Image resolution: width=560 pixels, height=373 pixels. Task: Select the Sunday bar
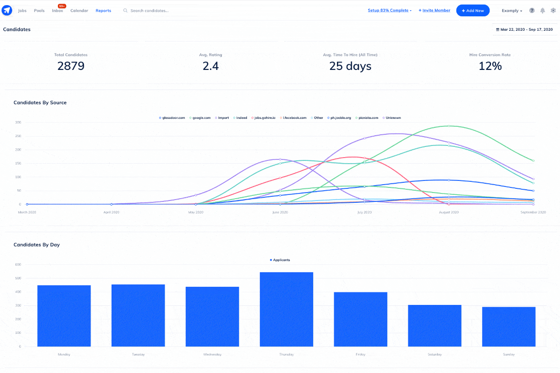(x=508, y=326)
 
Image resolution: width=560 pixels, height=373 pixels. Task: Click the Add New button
(x=473, y=11)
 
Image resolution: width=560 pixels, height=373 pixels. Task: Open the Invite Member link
(x=434, y=10)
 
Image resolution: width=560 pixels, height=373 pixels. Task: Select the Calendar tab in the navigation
(x=79, y=11)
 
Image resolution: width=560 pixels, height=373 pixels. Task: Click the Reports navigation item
(x=103, y=11)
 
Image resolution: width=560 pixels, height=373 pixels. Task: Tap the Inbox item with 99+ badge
(x=57, y=11)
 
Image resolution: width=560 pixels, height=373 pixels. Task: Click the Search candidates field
(x=159, y=11)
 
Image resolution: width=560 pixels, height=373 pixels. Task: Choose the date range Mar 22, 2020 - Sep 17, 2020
(x=524, y=29)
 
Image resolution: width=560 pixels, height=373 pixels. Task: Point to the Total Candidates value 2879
(x=71, y=66)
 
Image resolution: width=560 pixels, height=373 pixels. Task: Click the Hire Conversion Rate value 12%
(x=490, y=66)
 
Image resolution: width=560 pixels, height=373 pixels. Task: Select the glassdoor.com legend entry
(x=173, y=118)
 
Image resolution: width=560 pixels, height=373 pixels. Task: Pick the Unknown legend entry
(x=392, y=118)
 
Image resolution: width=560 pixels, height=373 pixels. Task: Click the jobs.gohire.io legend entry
(x=264, y=118)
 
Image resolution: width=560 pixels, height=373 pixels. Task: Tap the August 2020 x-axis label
(x=449, y=212)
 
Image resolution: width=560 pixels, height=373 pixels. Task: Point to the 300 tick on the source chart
(x=18, y=122)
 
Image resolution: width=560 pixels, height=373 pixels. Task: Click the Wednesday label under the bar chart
(x=212, y=354)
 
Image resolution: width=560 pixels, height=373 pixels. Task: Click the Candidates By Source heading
(x=40, y=103)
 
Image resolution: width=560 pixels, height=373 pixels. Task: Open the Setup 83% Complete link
(x=389, y=10)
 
